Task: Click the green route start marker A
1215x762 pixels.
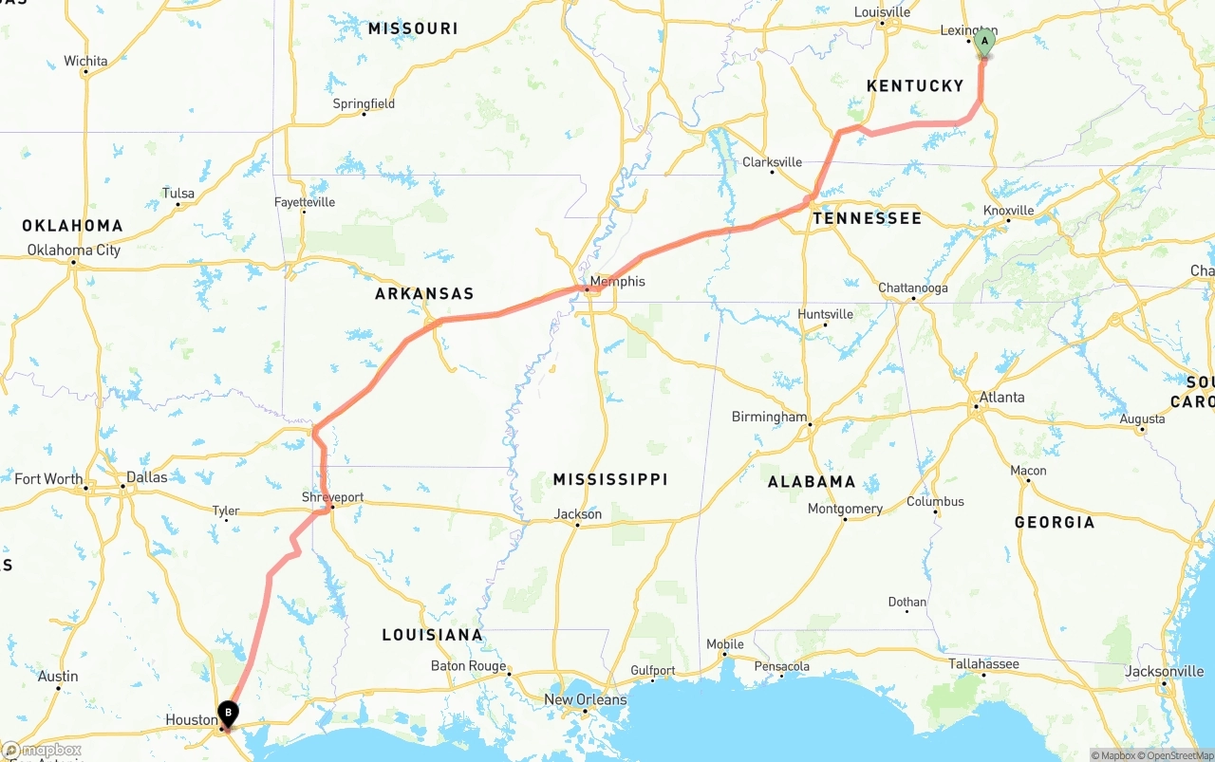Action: [x=984, y=42]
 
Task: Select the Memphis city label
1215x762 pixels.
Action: [x=617, y=282]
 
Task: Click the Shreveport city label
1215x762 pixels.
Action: [x=332, y=497]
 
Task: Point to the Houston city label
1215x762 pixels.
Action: [x=192, y=720]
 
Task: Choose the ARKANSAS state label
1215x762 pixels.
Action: [x=424, y=294]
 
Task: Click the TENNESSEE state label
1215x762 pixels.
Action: [x=867, y=218]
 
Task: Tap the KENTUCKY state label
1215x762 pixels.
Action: [x=915, y=86]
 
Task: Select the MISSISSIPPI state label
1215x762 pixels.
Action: [x=610, y=479]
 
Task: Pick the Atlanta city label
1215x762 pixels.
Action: [x=1001, y=398]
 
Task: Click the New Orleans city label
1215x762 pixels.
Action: [x=585, y=700]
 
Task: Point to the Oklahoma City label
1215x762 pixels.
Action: [x=74, y=251]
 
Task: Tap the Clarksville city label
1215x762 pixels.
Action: [x=772, y=162]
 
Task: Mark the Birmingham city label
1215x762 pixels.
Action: [x=769, y=417]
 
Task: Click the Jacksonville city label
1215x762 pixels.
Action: [x=1164, y=672]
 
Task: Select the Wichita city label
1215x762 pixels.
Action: [x=85, y=62]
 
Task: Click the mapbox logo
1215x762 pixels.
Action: [x=42, y=751]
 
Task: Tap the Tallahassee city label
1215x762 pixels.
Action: [x=983, y=664]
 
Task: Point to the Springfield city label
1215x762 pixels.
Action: [x=364, y=103]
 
